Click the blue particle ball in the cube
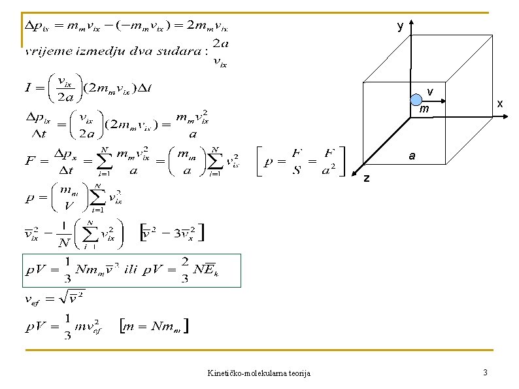[x=416, y=100]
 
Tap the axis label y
[x=400, y=26]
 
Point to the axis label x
[x=499, y=104]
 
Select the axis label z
[x=366, y=178]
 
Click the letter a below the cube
[x=412, y=156]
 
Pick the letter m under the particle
[x=424, y=109]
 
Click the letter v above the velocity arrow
[x=430, y=90]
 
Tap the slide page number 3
[x=484, y=373]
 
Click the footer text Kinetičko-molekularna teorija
[x=259, y=373]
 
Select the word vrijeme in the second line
[x=46, y=51]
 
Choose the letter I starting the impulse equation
[x=29, y=88]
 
